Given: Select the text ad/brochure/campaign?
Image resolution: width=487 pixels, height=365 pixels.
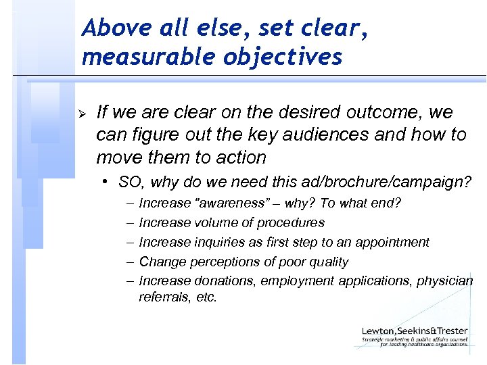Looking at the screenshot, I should tap(384, 182).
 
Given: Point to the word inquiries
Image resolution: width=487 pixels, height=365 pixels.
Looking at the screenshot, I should tap(222, 242).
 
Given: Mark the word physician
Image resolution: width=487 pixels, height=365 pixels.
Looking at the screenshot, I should tap(448, 281).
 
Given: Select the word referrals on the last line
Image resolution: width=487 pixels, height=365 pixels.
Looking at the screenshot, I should tap(161, 297).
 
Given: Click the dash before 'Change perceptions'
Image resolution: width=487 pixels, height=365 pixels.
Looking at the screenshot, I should tap(129, 262).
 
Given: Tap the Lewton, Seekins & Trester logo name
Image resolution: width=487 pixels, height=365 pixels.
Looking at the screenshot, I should tap(414, 331).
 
